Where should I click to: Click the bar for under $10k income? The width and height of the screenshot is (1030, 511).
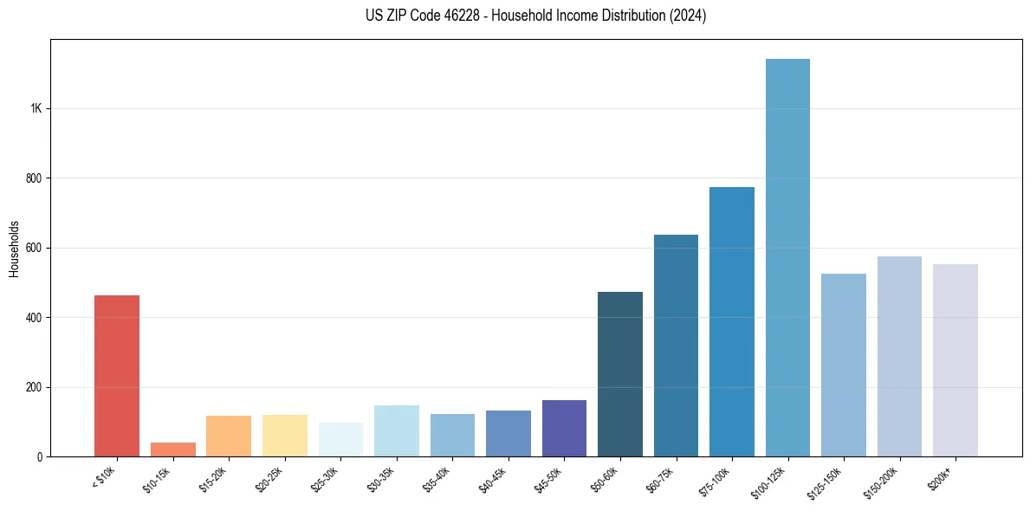point(116,376)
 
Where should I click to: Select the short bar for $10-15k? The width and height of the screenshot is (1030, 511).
point(172,450)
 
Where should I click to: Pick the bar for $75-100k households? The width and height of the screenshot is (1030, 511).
point(732,321)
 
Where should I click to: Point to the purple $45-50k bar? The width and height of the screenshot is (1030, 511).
point(564,428)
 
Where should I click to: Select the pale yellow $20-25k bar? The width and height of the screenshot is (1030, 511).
point(284,436)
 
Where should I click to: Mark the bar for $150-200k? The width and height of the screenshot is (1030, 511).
point(899,356)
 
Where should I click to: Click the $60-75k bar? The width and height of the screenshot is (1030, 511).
point(676,346)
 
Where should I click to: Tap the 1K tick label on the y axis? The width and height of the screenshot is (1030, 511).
point(36,109)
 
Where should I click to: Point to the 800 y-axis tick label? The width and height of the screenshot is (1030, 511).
point(33,178)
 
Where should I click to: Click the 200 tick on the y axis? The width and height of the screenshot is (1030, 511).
point(33,387)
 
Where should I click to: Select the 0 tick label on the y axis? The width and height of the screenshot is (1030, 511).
point(39,456)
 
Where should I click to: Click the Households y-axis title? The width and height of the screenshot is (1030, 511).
point(14,248)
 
